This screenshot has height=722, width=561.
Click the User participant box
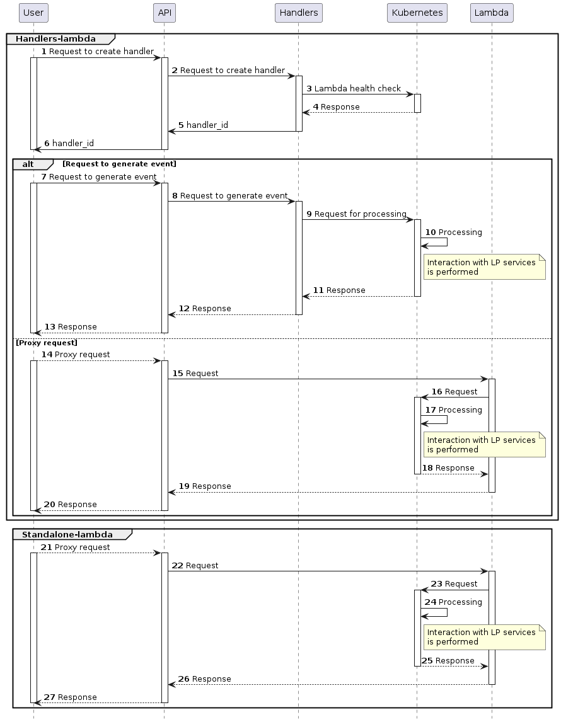click(x=33, y=13)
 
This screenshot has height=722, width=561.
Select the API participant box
click(x=164, y=13)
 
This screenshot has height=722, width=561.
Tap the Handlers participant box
click(x=299, y=13)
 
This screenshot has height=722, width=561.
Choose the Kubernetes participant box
click(x=417, y=13)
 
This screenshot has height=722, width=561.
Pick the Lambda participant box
click(x=492, y=13)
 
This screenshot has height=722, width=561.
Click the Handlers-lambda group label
click(x=55, y=39)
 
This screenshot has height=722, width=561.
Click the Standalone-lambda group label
click(x=67, y=535)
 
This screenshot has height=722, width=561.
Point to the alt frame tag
click(x=28, y=164)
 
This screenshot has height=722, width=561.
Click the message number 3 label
click(x=309, y=89)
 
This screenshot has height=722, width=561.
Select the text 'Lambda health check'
click(x=357, y=89)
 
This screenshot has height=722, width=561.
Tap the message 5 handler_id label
click(x=207, y=125)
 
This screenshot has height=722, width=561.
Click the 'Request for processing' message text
click(x=360, y=214)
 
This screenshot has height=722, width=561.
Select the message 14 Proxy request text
click(x=82, y=355)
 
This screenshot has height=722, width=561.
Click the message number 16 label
click(x=436, y=392)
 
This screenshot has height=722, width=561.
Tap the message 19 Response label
click(x=211, y=486)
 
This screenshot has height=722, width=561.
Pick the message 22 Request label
click(x=202, y=566)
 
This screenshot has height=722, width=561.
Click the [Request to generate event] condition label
click(x=119, y=164)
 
